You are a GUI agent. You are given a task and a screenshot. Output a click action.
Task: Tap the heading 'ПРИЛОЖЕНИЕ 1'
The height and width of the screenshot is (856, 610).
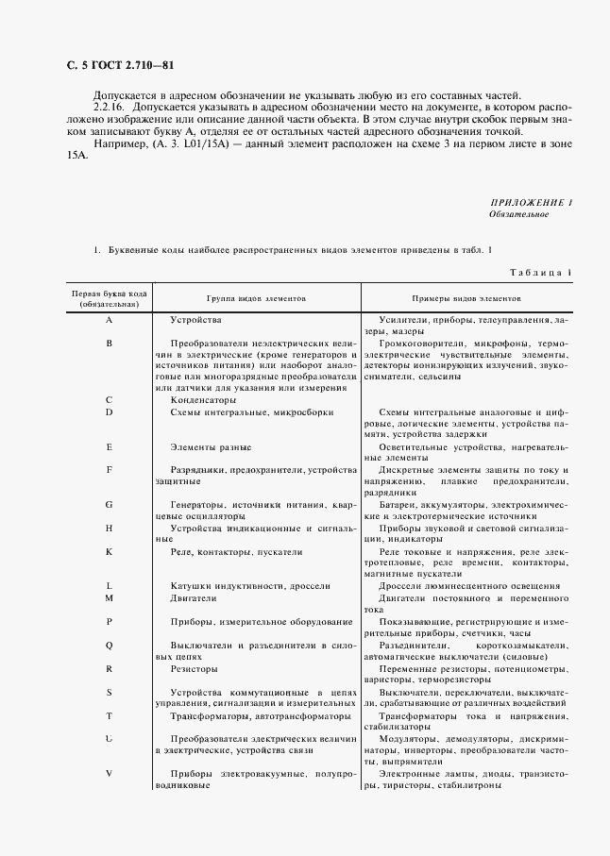(533, 204)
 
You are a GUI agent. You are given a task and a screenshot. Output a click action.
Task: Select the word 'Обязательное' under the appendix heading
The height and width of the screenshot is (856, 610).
(518, 215)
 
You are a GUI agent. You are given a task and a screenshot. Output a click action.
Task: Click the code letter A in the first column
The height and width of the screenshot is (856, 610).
(110, 321)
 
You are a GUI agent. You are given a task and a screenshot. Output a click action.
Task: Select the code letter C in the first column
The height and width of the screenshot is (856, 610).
(110, 399)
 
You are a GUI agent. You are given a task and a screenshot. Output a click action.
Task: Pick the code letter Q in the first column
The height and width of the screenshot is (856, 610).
(110, 645)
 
